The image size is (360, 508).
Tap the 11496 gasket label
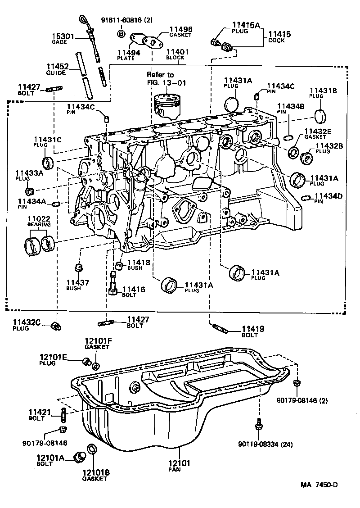tap(180, 32)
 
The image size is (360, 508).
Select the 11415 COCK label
tap(279, 36)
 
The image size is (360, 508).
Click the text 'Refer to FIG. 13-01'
tap(166, 78)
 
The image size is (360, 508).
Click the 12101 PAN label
tap(180, 465)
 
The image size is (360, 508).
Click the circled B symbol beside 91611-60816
tap(121, 33)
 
